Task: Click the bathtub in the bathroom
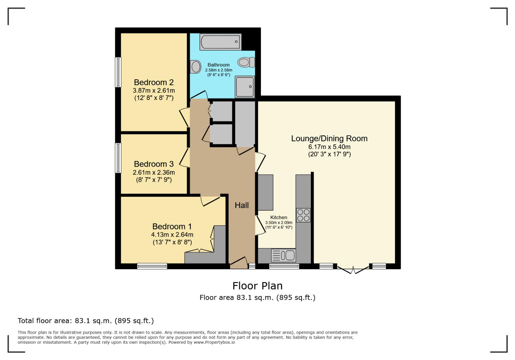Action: (220, 42)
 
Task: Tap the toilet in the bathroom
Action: (246, 62)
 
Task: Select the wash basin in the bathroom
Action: (195, 67)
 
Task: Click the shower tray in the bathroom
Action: (245, 87)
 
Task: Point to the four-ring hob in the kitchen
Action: (303, 215)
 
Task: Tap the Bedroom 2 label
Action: (154, 82)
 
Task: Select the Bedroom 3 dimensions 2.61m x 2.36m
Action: (154, 172)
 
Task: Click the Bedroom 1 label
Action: (172, 227)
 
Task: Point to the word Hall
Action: (241, 205)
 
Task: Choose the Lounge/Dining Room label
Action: (329, 139)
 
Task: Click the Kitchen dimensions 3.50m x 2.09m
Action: (279, 223)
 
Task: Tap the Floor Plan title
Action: (257, 286)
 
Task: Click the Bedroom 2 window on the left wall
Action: (118, 72)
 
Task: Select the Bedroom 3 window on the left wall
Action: (118, 158)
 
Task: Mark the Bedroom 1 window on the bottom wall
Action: (152, 266)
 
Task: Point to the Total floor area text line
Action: (86, 321)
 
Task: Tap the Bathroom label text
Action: (218, 65)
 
